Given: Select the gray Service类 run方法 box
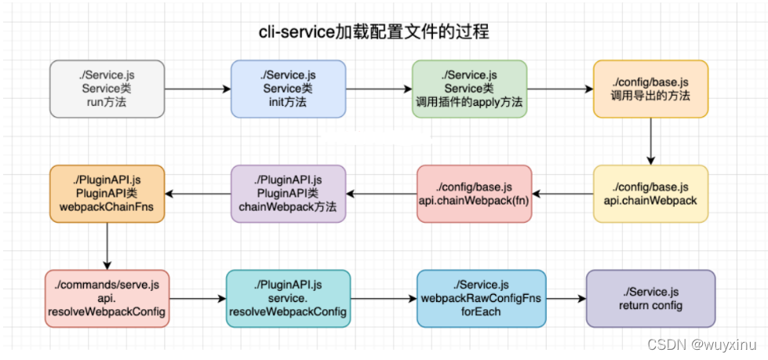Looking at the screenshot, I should [x=107, y=89].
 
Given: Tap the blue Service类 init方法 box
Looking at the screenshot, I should [x=288, y=89].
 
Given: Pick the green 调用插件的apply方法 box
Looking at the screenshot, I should [x=469, y=89].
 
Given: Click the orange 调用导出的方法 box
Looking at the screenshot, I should [x=650, y=89].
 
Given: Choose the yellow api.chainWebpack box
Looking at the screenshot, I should [x=650, y=193].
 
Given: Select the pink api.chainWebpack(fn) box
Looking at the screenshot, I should [x=474, y=193].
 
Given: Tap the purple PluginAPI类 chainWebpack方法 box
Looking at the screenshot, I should [x=288, y=193].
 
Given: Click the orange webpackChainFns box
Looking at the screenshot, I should [x=107, y=193].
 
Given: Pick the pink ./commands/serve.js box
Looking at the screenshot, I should [x=107, y=298].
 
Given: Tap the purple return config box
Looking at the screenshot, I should [x=650, y=298].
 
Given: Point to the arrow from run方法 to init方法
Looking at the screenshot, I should [x=198, y=89].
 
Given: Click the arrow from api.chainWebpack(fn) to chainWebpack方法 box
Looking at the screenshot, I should [x=381, y=193].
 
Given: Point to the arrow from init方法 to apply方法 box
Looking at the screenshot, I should [x=379, y=89].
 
